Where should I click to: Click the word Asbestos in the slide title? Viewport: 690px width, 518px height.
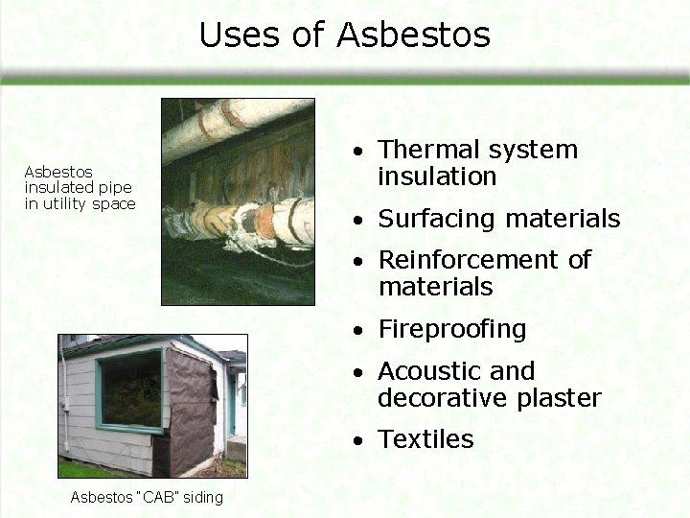coord(413,35)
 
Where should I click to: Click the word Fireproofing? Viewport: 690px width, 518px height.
coord(452,330)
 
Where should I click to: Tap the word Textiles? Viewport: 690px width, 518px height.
coord(425,439)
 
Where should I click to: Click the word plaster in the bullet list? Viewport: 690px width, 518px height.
coord(561,398)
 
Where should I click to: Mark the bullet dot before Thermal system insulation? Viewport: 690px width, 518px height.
coord(357,153)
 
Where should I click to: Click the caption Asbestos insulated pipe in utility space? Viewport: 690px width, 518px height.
coord(80,188)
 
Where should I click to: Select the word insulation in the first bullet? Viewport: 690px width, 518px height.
coord(437,177)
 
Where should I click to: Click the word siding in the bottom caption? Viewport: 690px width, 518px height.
coord(203,497)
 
